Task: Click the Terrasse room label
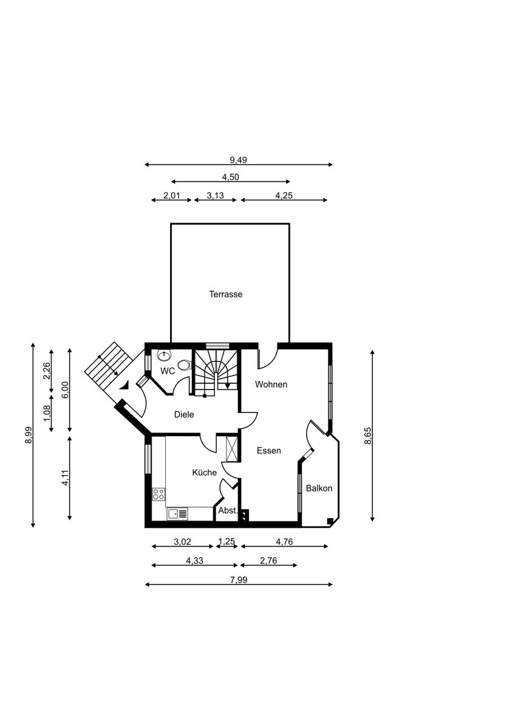coord(225,294)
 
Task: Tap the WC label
coord(168,371)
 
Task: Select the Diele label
coord(184,414)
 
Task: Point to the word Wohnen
coord(271,385)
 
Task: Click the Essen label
coord(268,450)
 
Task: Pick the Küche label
coord(204,472)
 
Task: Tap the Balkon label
coord(319,488)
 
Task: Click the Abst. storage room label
coord(228,511)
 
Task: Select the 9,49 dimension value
coord(239,160)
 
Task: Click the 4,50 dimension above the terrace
coord(230,177)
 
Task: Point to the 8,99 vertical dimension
coord(29,435)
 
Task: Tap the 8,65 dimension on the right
coord(369,436)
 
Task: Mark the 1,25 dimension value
coord(227,542)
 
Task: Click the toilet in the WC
coord(185,365)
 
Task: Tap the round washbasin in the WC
coord(165,356)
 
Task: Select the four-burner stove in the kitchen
coord(159,494)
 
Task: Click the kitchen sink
coord(177,514)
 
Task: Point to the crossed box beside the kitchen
coord(232,449)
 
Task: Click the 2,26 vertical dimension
coord(47,371)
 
